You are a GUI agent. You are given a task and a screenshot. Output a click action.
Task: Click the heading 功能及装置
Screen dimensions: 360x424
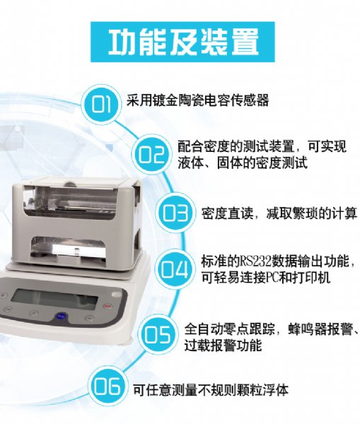(183, 42)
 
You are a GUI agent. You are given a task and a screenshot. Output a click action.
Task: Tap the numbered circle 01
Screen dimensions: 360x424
(101, 104)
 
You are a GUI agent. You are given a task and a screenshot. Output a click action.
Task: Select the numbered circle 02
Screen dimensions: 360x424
(151, 155)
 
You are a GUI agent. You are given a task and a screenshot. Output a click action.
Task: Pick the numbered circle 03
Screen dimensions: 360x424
(175, 213)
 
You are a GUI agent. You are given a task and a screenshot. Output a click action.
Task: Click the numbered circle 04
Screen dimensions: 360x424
(175, 269)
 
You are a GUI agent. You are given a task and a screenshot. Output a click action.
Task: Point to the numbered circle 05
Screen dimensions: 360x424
(157, 335)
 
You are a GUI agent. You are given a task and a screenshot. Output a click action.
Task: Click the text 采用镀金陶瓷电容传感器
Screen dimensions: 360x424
(198, 100)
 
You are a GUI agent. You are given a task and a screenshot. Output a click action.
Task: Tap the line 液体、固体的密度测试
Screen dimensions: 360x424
(243, 163)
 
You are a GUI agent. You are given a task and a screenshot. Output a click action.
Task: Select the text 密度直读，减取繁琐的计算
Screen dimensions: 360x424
(279, 213)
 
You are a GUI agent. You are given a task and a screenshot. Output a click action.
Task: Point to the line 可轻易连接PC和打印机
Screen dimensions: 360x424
(265, 278)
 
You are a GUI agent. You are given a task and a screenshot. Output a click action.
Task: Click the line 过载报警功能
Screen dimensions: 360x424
(223, 346)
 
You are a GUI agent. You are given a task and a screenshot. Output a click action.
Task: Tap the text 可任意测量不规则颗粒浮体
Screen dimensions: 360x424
(211, 390)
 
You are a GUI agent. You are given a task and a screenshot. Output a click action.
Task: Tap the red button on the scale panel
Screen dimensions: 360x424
(108, 307)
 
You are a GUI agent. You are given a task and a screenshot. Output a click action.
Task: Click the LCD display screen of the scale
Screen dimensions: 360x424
(55, 300)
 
